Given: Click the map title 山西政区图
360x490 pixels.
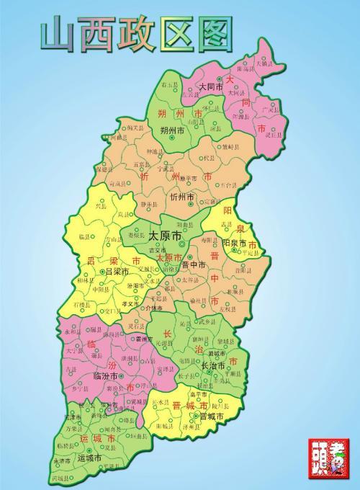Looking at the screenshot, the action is tap(138, 33).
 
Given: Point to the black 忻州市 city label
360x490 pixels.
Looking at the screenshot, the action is tap(182, 197).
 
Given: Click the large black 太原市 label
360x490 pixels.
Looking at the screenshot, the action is tap(165, 236).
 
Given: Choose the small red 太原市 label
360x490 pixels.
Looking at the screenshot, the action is tap(169, 258).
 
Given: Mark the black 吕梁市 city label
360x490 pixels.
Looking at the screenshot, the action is tap(117, 272).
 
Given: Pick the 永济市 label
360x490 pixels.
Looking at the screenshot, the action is tap(62, 460).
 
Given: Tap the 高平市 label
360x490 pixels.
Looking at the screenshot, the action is tap(198, 395).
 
